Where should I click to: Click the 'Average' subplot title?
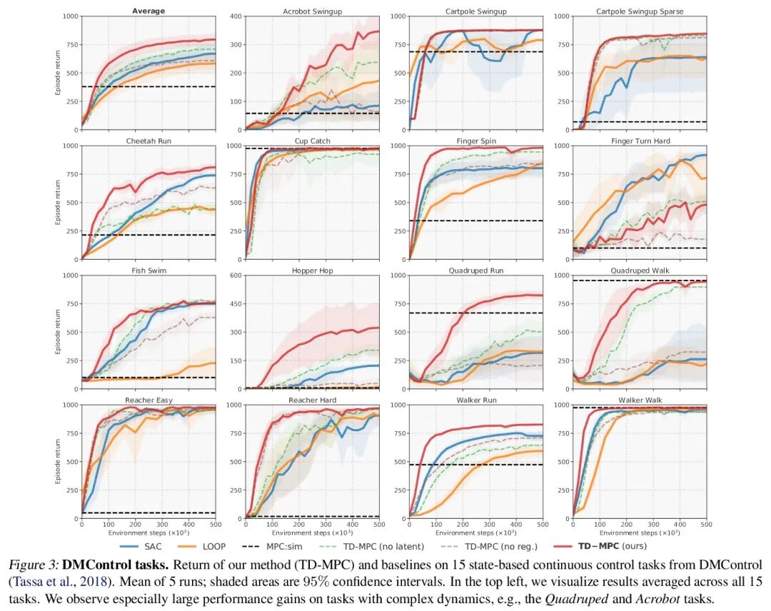point(148,11)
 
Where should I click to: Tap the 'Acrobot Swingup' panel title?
point(312,11)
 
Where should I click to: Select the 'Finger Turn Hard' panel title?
point(640,141)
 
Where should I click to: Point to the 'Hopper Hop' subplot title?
point(312,271)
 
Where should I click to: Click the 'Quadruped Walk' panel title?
point(640,271)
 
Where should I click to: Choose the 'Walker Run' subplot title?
point(476,400)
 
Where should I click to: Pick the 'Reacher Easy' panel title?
point(148,400)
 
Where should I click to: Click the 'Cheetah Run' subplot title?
point(148,141)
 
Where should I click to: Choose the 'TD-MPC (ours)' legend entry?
point(614,546)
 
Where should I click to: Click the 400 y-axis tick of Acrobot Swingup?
point(235,16)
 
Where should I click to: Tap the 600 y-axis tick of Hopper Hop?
point(235,275)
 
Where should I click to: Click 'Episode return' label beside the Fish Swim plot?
point(58,332)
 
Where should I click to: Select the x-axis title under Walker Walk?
point(640,533)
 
